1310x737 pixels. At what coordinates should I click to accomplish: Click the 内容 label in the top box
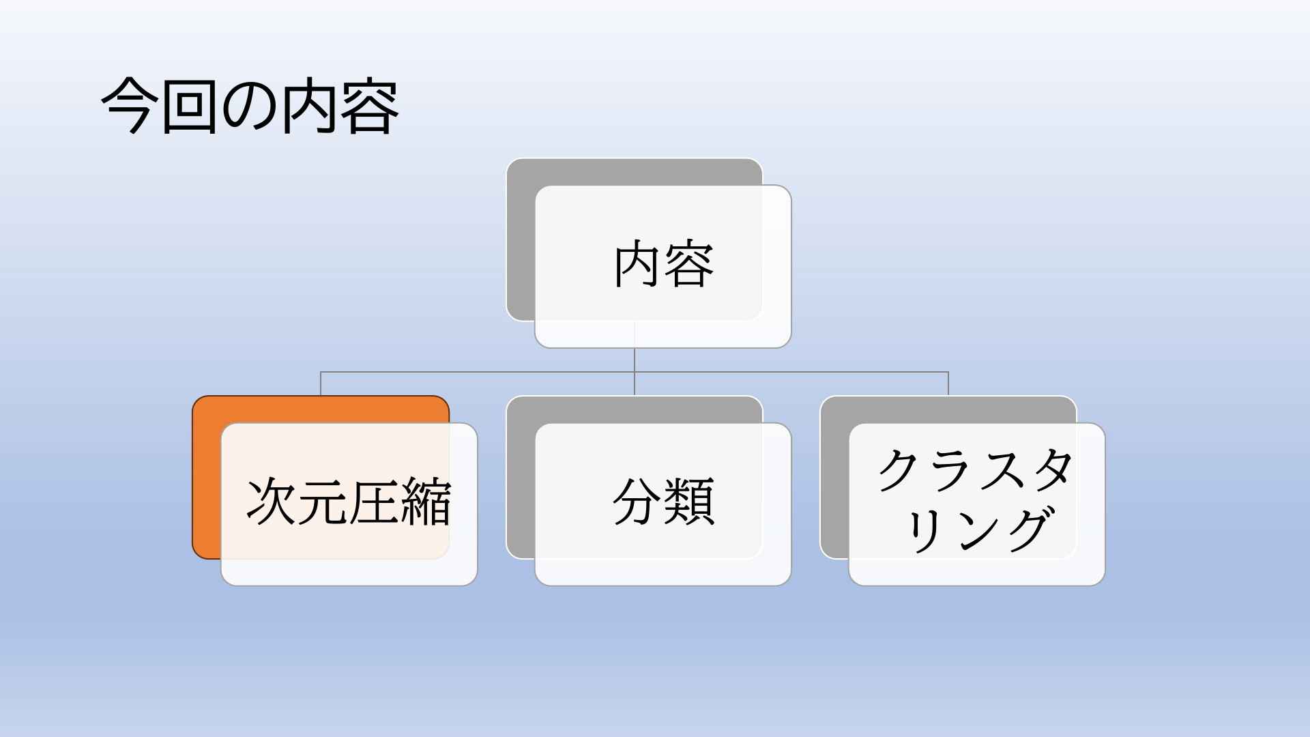[664, 265]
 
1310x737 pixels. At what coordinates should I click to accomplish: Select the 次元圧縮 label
[349, 502]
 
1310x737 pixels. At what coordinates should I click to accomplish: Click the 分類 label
[664, 502]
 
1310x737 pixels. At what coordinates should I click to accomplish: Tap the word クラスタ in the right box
[976, 470]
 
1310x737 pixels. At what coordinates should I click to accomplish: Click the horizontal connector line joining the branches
[635, 372]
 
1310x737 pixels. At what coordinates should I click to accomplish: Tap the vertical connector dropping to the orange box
[321, 384]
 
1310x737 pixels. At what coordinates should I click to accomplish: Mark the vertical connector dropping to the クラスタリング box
[948, 384]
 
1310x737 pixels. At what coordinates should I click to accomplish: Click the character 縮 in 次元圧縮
[426, 502]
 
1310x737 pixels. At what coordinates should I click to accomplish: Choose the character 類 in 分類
[690, 502]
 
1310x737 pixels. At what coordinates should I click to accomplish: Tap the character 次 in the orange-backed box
[271, 502]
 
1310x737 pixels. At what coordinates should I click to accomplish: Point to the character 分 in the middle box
[638, 502]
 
